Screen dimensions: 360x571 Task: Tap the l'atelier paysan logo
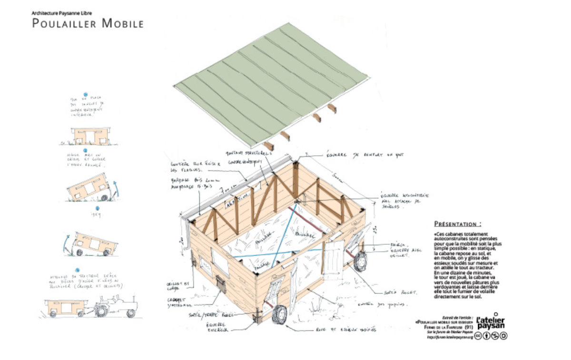[x=491, y=322]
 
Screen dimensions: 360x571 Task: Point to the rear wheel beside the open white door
[x=360, y=261]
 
